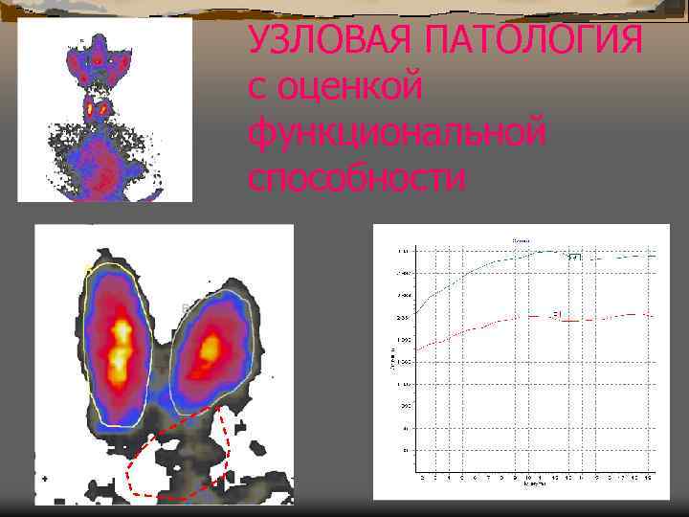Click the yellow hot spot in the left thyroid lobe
click(x=122, y=347)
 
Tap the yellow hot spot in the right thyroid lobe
click(x=209, y=349)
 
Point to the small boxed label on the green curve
click(x=574, y=257)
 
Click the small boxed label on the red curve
click(x=557, y=313)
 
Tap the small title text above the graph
click(x=522, y=238)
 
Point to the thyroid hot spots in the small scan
click(x=97, y=109)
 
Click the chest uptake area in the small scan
click(x=100, y=163)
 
